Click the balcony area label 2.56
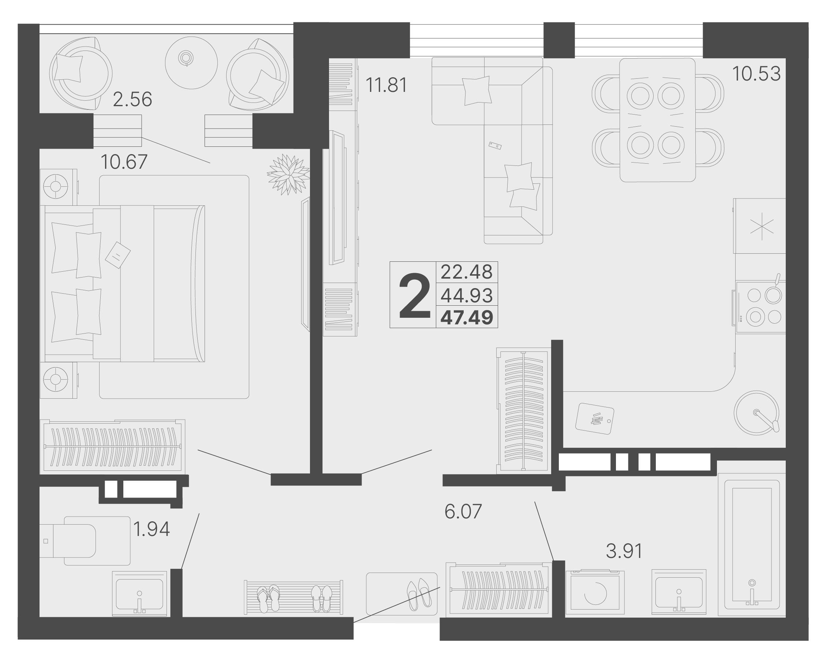[x=132, y=99]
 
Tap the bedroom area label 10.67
[x=124, y=162]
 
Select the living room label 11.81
[x=386, y=85]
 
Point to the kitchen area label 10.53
[x=756, y=74]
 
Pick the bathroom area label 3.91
[x=624, y=551]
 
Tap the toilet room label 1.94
[x=152, y=529]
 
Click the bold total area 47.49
[x=467, y=317]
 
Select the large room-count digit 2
[x=415, y=296]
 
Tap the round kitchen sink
[x=756, y=413]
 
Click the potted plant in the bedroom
[x=288, y=174]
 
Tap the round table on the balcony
[x=191, y=63]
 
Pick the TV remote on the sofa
[x=495, y=145]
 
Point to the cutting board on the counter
[x=595, y=418]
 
